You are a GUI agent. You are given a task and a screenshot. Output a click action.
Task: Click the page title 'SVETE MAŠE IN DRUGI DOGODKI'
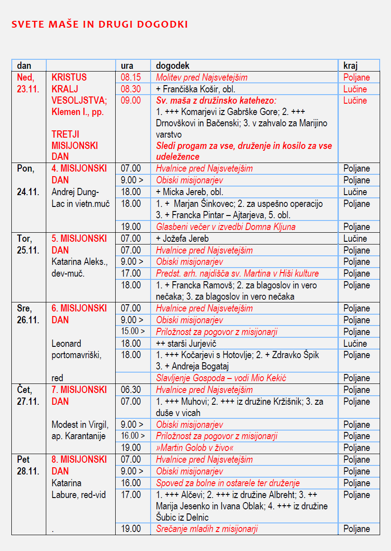tap(99, 24)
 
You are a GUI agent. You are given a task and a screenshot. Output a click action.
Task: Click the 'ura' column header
tap(127, 66)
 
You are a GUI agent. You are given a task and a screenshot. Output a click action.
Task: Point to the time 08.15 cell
tap(131, 77)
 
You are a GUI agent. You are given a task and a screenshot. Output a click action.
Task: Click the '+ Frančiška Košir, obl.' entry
tap(195, 89)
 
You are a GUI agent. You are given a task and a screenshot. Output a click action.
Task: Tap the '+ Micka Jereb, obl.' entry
tap(190, 192)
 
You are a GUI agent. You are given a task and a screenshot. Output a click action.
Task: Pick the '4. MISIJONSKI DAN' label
tap(79, 174)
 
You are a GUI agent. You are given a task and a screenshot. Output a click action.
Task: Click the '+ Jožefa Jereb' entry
tap(182, 239)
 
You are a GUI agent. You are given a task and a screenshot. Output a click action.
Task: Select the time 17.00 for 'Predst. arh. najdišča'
tap(131, 273)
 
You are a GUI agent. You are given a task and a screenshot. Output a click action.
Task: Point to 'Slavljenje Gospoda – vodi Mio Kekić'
tap(221, 378)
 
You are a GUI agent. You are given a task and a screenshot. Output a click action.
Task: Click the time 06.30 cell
tap(131, 390)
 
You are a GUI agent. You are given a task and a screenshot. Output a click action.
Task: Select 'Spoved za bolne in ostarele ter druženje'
tap(228, 483)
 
